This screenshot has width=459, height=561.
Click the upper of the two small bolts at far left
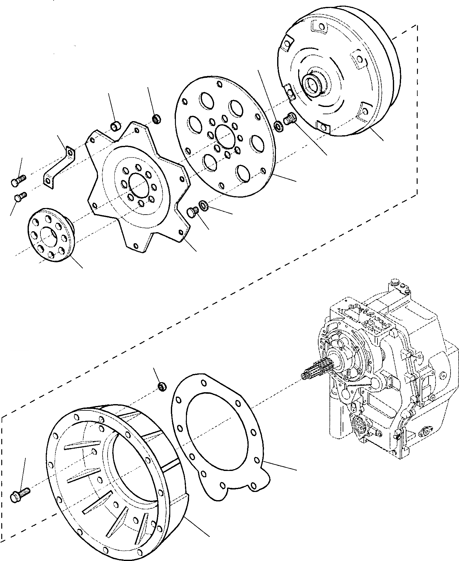18,181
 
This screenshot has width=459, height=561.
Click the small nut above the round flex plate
156,119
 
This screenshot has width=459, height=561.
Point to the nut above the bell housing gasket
162,386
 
